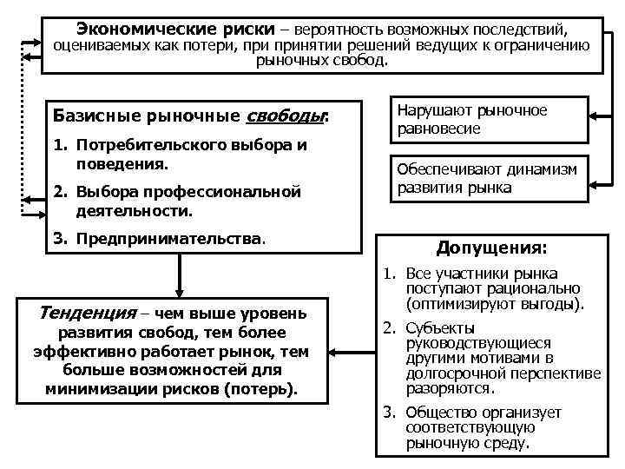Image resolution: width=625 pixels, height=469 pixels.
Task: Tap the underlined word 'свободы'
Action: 286,116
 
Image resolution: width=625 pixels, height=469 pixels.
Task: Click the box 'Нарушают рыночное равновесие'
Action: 487,120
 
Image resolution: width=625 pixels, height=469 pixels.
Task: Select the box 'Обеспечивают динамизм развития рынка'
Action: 487,177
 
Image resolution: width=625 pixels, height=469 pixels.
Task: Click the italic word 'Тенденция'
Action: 88,312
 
